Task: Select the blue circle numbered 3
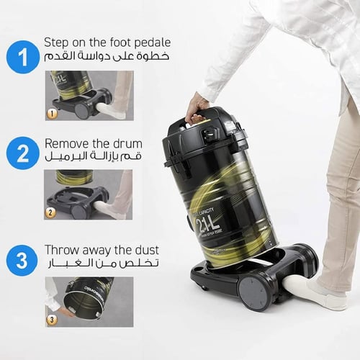point(22,259)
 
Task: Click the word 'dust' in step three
point(145,250)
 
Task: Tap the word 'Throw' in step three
point(62,250)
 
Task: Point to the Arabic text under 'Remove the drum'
point(94,156)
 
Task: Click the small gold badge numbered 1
point(51,113)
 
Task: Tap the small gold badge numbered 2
point(51,212)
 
